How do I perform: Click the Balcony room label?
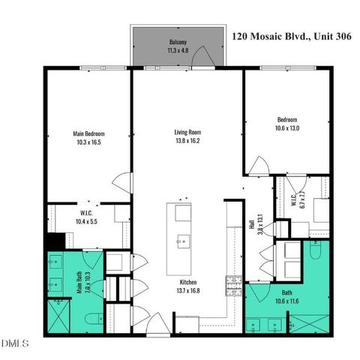point(178,43)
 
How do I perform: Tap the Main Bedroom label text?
point(87,133)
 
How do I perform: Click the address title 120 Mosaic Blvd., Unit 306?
point(292,34)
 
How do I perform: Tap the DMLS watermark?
point(15,343)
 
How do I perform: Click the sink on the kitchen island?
point(183,241)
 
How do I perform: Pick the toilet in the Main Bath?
point(93,319)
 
